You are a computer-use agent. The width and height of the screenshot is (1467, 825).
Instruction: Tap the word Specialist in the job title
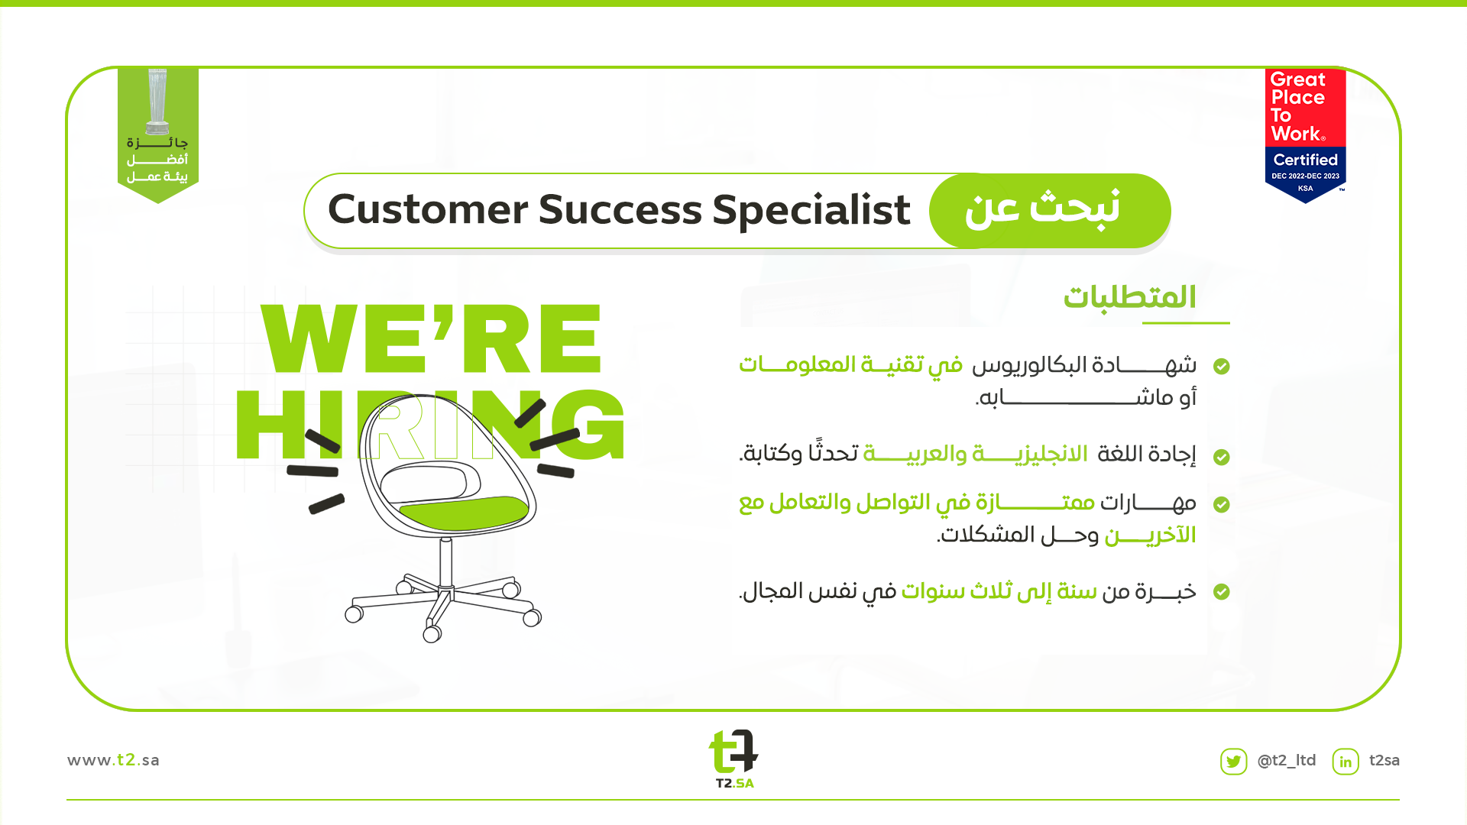click(811, 209)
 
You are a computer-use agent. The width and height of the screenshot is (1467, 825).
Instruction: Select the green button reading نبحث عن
click(1049, 210)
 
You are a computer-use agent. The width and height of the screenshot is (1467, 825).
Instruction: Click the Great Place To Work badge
click(1305, 135)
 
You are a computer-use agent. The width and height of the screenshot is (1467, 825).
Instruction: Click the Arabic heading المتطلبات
click(1129, 297)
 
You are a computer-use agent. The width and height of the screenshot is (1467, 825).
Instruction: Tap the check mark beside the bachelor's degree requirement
click(1222, 367)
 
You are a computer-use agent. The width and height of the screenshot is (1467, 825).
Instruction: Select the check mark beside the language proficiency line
click(1222, 457)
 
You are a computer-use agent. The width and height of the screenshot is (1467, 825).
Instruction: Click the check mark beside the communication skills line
click(1222, 505)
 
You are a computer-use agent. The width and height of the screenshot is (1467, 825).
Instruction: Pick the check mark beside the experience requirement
click(1222, 592)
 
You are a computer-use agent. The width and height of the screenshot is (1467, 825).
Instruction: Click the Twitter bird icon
click(1233, 762)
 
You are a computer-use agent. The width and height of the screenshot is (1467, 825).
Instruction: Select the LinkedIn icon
click(1346, 762)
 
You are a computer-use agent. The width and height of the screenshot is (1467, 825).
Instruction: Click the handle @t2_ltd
click(1287, 761)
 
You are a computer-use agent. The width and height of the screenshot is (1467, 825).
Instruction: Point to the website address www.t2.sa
click(113, 760)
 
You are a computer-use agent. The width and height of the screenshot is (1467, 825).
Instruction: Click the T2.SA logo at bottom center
click(733, 759)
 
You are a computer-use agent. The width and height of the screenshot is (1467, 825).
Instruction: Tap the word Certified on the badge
click(1305, 160)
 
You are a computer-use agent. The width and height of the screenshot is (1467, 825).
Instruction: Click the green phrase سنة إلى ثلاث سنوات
click(999, 591)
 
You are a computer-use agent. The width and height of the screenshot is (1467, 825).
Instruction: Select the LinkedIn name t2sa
click(1384, 760)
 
